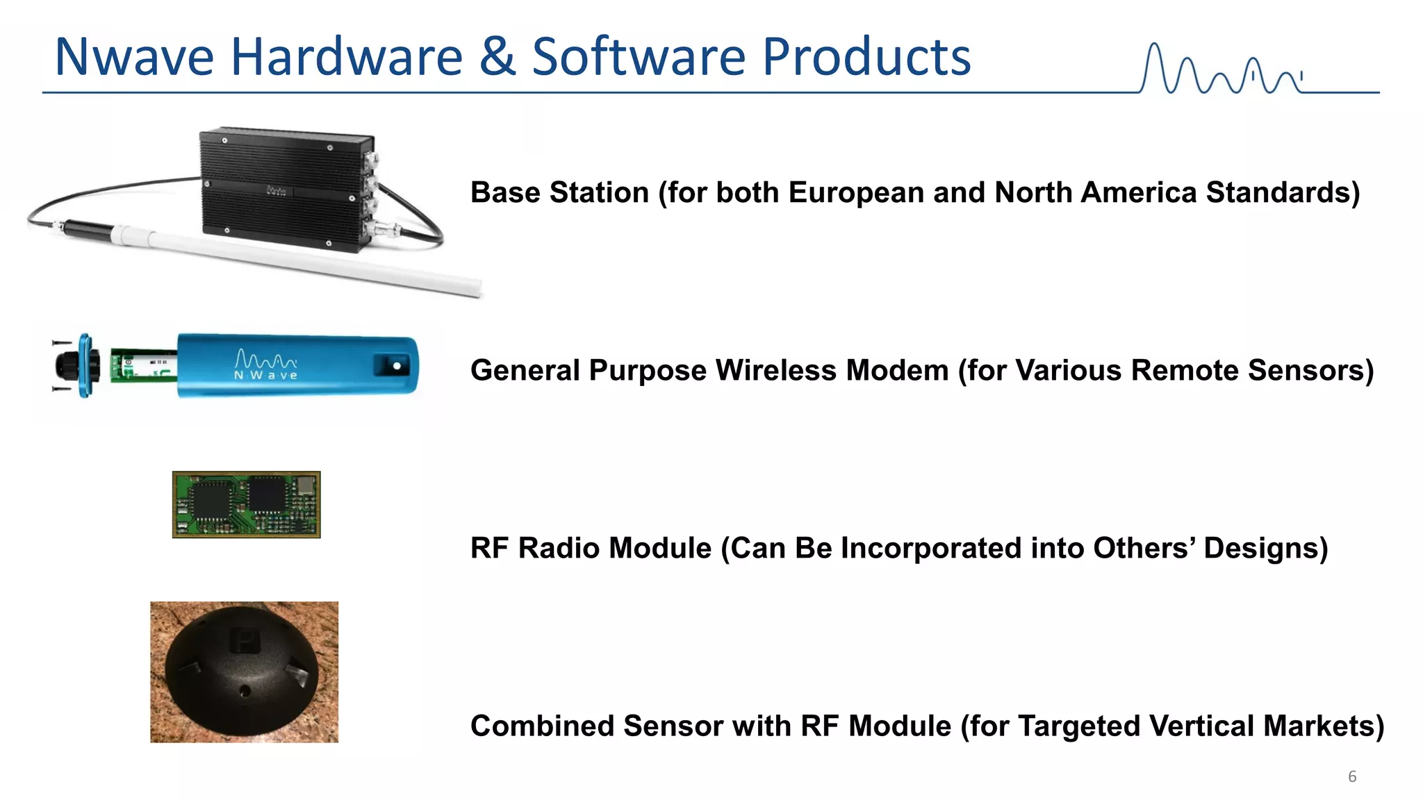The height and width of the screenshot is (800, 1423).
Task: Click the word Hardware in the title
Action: click(347, 57)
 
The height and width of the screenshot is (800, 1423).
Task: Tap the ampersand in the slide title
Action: click(497, 57)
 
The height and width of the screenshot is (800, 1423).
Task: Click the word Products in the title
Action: click(866, 57)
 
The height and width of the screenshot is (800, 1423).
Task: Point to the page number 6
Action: click(1352, 776)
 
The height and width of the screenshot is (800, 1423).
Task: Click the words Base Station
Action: click(559, 192)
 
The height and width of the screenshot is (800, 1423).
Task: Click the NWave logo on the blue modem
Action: click(266, 365)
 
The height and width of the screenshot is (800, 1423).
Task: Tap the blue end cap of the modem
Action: click(85, 365)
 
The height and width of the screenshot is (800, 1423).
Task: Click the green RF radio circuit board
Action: click(246, 505)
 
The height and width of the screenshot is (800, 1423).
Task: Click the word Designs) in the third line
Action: click(1265, 548)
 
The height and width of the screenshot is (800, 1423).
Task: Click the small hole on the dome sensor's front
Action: click(245, 691)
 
